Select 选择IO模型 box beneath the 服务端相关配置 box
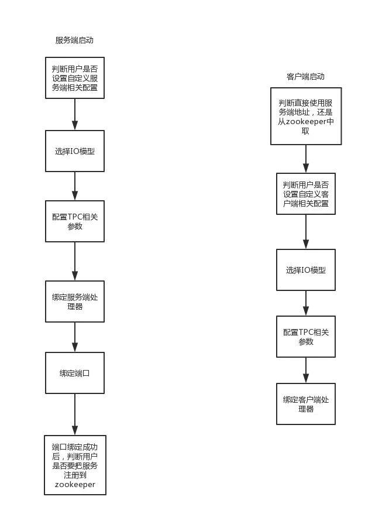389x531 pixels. pos(75,150)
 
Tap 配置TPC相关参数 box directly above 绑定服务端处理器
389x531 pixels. pos(75,221)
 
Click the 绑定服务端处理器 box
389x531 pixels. pos(75,302)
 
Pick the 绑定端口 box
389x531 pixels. pos(75,373)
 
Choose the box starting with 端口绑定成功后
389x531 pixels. pos(75,465)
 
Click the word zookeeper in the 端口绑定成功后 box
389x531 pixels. pos(75,485)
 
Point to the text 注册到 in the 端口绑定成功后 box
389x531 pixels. pos(75,475)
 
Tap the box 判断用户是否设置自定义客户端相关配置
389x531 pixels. pos(306,194)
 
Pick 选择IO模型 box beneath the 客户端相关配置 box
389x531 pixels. pos(306,270)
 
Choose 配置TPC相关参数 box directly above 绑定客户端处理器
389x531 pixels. pos(306,337)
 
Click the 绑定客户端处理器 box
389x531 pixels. pos(306,404)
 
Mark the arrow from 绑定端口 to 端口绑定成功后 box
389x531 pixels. pos(75,416)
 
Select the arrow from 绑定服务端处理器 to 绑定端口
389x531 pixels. pos(75,337)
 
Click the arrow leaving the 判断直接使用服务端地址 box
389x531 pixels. pos(305,157)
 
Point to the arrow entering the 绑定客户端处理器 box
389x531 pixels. pos(306,371)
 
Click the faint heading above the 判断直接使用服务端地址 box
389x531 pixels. pos(306,76)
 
